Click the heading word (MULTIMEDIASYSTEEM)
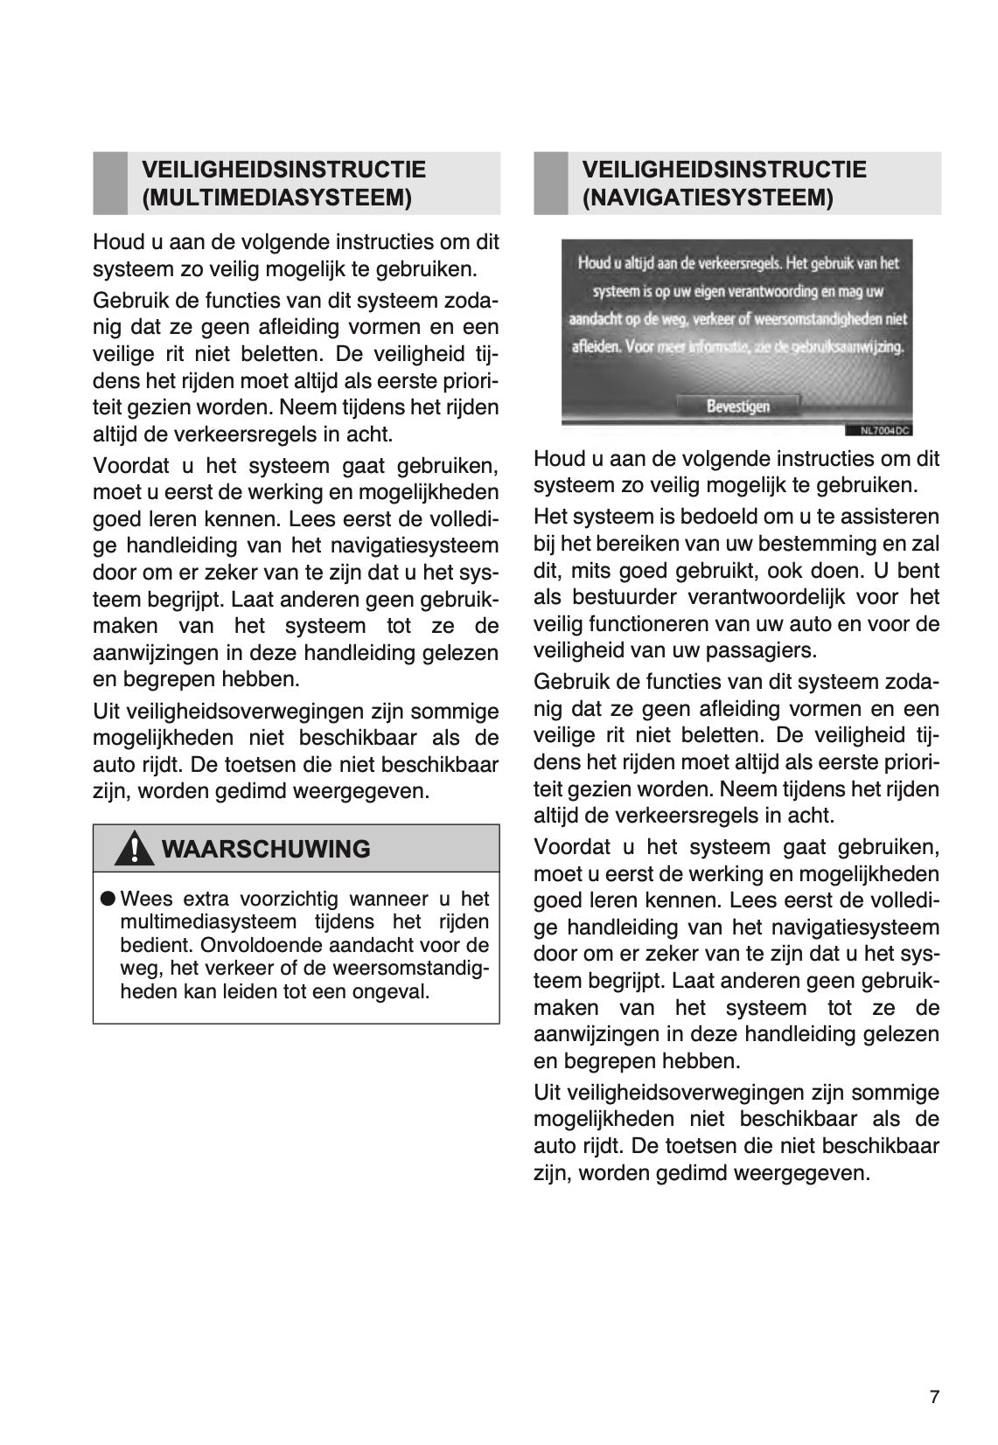[276, 198]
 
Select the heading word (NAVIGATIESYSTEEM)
[708, 198]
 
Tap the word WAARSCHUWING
[266, 849]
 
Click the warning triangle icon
[134, 850]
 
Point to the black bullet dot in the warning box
[108, 899]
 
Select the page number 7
[934, 1397]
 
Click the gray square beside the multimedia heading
[110, 183]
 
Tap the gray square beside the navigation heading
[551, 183]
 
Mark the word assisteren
[894, 517]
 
